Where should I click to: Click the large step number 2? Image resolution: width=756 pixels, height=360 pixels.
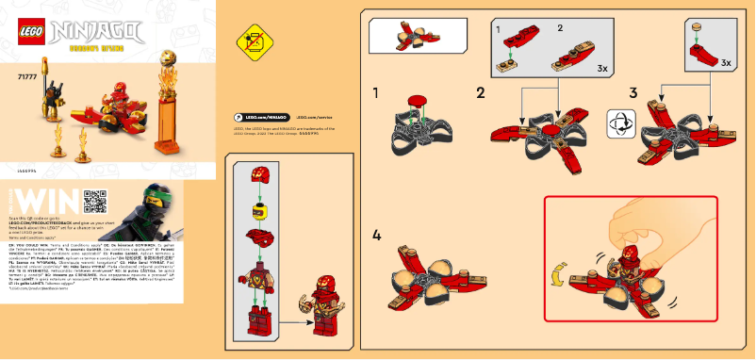(481, 93)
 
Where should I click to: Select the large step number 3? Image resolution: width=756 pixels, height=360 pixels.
(633, 93)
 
